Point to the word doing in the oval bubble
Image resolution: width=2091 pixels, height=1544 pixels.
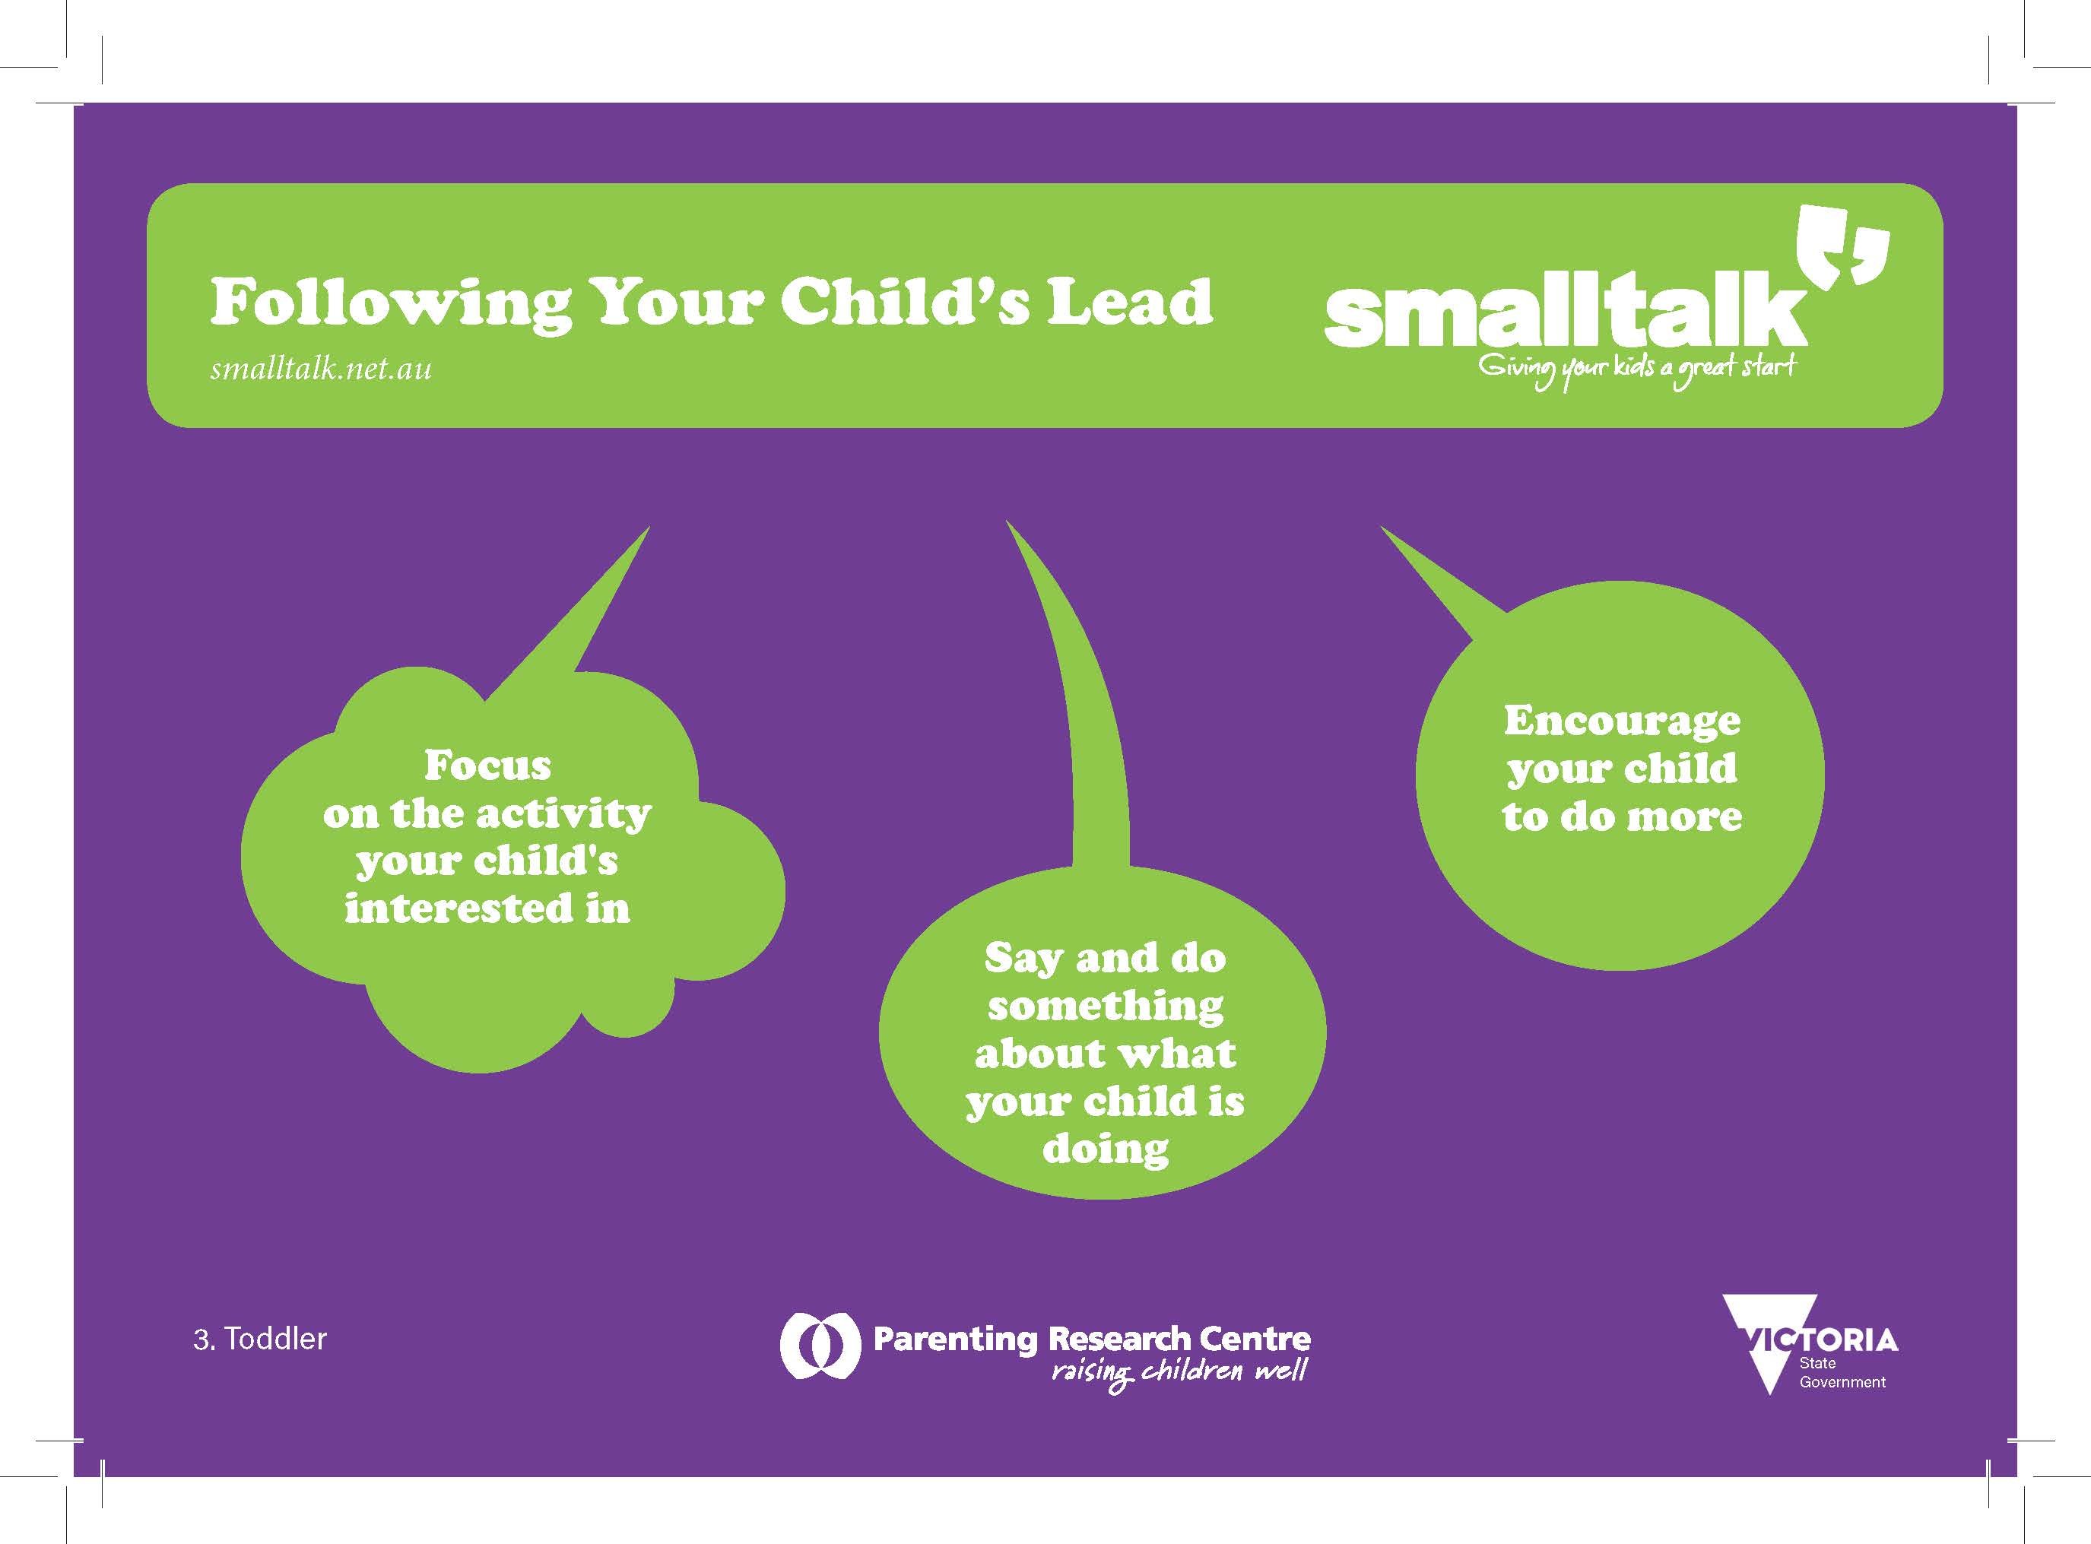point(1106,1149)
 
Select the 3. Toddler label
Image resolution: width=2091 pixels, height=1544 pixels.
point(260,1339)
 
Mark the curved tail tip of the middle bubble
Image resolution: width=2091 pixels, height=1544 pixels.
point(1007,522)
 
